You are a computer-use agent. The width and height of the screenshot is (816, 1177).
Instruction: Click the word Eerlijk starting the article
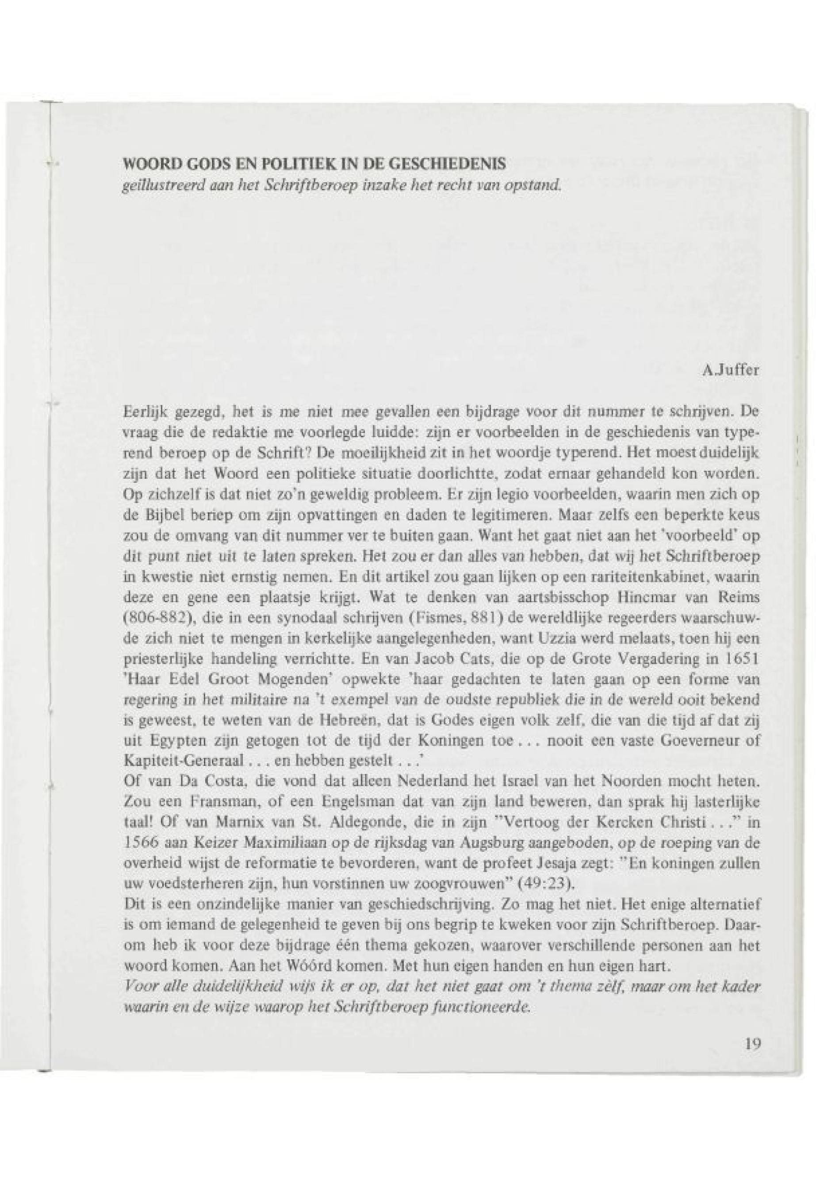[x=142, y=412]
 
